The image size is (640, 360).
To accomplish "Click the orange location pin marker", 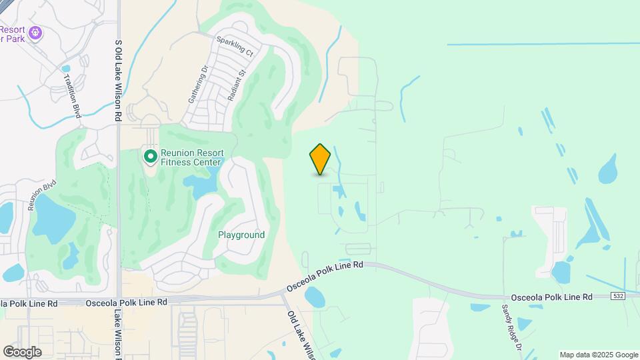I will (320, 159).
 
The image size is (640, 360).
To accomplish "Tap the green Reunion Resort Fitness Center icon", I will (151, 157).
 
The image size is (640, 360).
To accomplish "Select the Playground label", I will (241, 235).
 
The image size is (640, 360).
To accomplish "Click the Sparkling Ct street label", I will (235, 45).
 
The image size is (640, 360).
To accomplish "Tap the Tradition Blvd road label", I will (71, 96).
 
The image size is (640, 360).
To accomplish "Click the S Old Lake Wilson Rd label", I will (118, 70).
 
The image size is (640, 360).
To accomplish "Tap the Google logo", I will (22, 352).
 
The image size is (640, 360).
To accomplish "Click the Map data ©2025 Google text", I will (599, 355).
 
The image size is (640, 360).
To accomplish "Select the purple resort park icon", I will (36, 31).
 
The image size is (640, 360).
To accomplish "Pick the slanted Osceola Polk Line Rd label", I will (325, 275).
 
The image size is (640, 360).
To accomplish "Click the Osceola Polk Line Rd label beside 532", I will (551, 297).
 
